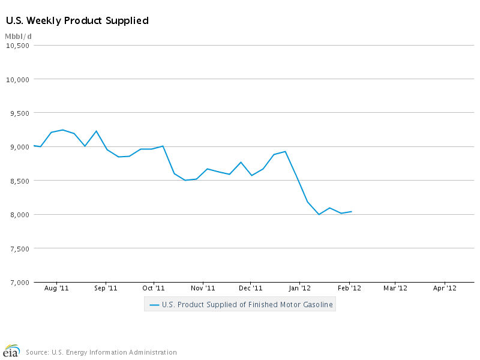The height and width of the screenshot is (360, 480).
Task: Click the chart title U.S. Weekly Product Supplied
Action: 77,21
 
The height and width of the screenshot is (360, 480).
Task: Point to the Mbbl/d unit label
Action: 18,37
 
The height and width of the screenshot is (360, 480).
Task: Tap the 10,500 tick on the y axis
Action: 18,45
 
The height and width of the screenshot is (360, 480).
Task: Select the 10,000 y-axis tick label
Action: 18,79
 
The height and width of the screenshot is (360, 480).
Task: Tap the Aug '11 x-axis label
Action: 56,289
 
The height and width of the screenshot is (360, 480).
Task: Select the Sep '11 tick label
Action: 106,289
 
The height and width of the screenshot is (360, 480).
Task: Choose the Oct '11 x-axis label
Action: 154,289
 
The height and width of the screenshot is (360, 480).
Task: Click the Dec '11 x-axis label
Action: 251,289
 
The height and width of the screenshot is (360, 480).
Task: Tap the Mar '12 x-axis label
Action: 395,289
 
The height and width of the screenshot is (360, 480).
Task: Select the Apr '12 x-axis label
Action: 445,289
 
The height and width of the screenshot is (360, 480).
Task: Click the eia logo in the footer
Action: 11,352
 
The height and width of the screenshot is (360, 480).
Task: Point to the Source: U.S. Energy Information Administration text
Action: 101,352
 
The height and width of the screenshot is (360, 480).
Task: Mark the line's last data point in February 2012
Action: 352,211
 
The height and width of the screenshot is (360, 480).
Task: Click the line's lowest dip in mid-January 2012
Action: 319,214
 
